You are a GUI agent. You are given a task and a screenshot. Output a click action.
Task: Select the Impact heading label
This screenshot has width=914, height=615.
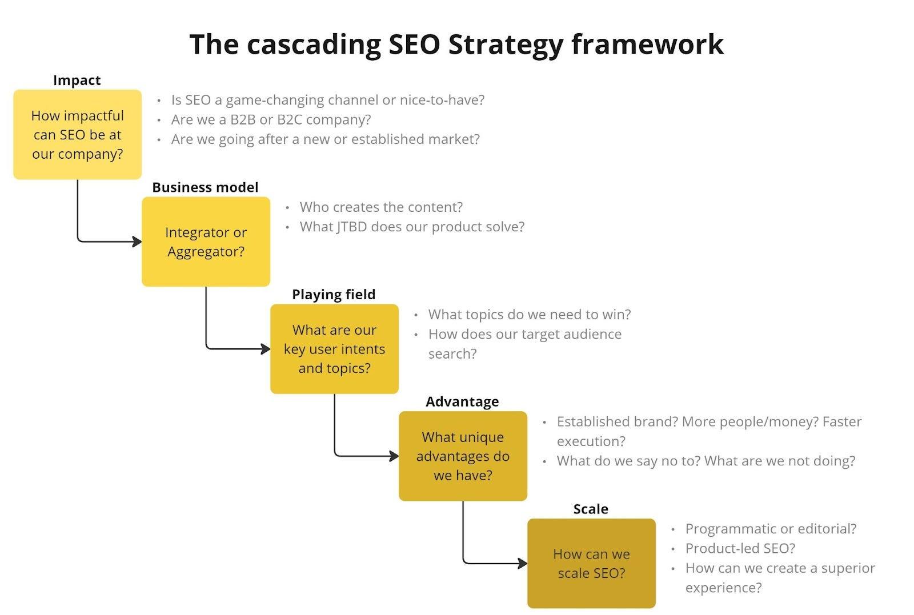pos(77,81)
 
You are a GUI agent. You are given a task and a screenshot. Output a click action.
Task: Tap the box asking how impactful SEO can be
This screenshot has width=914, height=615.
pos(77,135)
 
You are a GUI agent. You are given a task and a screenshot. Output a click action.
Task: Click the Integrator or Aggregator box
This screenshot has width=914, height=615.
pos(206,242)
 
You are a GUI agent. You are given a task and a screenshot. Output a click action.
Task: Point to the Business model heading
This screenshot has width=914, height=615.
pos(205,187)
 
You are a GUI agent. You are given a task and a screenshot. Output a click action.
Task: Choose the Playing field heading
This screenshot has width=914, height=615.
pos(334,295)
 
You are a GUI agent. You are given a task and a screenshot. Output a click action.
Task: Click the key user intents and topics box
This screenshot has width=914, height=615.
pos(334,349)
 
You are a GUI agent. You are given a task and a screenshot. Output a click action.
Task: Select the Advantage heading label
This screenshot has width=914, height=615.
pos(462,401)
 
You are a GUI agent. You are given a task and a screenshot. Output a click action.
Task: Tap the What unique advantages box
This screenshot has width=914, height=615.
pos(463,456)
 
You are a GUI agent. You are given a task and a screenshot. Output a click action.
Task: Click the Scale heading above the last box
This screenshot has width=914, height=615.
pos(591,509)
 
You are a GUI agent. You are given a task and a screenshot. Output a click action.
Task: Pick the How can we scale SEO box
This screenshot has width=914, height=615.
pos(591,563)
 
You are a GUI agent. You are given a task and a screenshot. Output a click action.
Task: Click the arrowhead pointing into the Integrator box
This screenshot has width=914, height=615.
pos(137,242)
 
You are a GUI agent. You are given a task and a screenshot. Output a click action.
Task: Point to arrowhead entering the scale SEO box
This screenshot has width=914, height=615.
pos(523,564)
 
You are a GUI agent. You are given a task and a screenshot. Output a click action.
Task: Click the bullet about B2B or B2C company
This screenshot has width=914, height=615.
pos(271,120)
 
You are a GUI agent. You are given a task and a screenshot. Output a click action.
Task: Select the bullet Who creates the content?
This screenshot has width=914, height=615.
pos(381,207)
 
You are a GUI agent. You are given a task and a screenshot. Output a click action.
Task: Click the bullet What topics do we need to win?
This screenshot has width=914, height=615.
pos(529,315)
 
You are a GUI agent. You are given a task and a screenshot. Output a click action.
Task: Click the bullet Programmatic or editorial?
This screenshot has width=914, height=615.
pos(771,529)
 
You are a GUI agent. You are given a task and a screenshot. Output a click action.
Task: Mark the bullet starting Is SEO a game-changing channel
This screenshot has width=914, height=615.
pos(327,100)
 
